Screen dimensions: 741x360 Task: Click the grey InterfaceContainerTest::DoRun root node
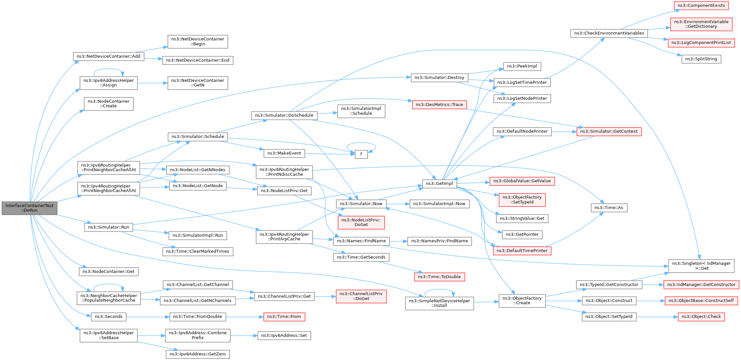point(29,208)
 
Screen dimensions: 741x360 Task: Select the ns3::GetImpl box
point(439,184)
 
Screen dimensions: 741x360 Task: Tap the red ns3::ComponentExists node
point(701,6)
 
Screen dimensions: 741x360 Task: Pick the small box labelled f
point(361,154)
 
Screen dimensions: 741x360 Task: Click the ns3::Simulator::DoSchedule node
point(284,115)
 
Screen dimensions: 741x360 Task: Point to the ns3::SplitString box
point(701,59)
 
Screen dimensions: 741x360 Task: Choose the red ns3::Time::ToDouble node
point(439,277)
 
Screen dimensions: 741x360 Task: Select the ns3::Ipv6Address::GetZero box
point(198,354)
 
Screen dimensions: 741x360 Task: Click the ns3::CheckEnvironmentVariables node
point(609,33)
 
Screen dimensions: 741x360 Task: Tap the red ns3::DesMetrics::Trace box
point(439,105)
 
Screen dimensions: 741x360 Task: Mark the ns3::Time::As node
point(609,208)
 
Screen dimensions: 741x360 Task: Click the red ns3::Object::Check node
point(701,317)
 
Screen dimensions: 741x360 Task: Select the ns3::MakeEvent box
point(284,153)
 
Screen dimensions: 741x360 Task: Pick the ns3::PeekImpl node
point(522,66)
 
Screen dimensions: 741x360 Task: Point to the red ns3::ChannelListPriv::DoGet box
point(361,296)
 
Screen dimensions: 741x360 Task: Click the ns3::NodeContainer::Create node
point(109,104)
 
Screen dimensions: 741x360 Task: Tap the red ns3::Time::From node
point(284,317)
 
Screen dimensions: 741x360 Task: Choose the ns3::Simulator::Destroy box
point(439,78)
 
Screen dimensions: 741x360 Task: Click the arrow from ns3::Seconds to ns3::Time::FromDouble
point(148,317)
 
